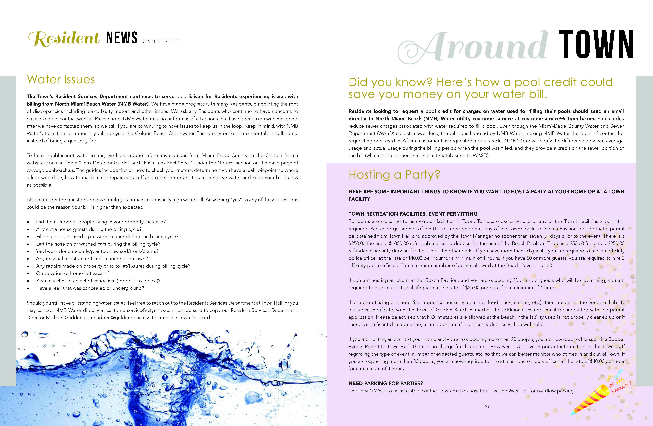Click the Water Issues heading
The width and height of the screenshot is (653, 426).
[x=61, y=80]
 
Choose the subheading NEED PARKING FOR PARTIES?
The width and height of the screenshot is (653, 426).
[x=385, y=383]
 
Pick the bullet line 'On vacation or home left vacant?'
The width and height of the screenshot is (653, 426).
[x=72, y=273]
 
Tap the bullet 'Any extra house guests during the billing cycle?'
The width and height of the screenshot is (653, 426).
[x=89, y=229]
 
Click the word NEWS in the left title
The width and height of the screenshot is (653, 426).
[x=122, y=38]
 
